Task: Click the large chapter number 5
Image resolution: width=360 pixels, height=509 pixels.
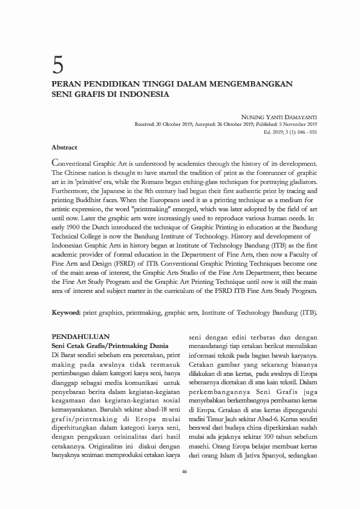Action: pyautogui.click(x=59, y=62)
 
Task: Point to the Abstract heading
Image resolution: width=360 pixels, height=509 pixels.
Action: pyautogui.click(x=64, y=147)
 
